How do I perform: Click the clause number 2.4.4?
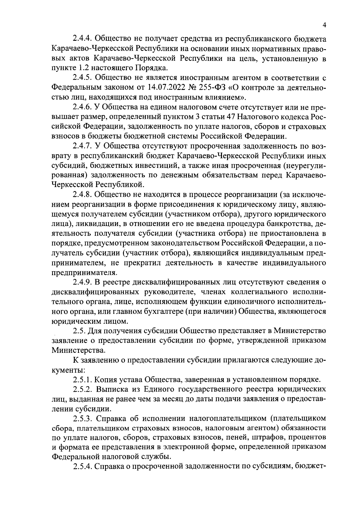(82, 39)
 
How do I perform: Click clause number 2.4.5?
(82, 78)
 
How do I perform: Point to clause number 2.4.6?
(82, 107)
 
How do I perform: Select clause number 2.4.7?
(82, 146)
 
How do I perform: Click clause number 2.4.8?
(82, 195)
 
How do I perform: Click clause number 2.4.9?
(82, 282)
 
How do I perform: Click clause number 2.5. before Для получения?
(79, 331)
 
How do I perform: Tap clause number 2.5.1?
(82, 380)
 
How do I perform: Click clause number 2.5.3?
(82, 418)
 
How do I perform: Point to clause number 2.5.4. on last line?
(82, 467)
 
